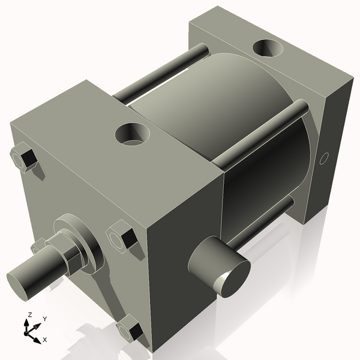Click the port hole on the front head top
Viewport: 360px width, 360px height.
coord(133,133)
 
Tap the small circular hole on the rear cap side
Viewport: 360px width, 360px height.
coord(324,159)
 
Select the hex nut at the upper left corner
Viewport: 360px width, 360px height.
coord(25,158)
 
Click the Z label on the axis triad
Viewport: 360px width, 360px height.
coord(29,315)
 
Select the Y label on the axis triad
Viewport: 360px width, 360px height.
coord(44,319)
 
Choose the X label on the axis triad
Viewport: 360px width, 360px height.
coord(44,340)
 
